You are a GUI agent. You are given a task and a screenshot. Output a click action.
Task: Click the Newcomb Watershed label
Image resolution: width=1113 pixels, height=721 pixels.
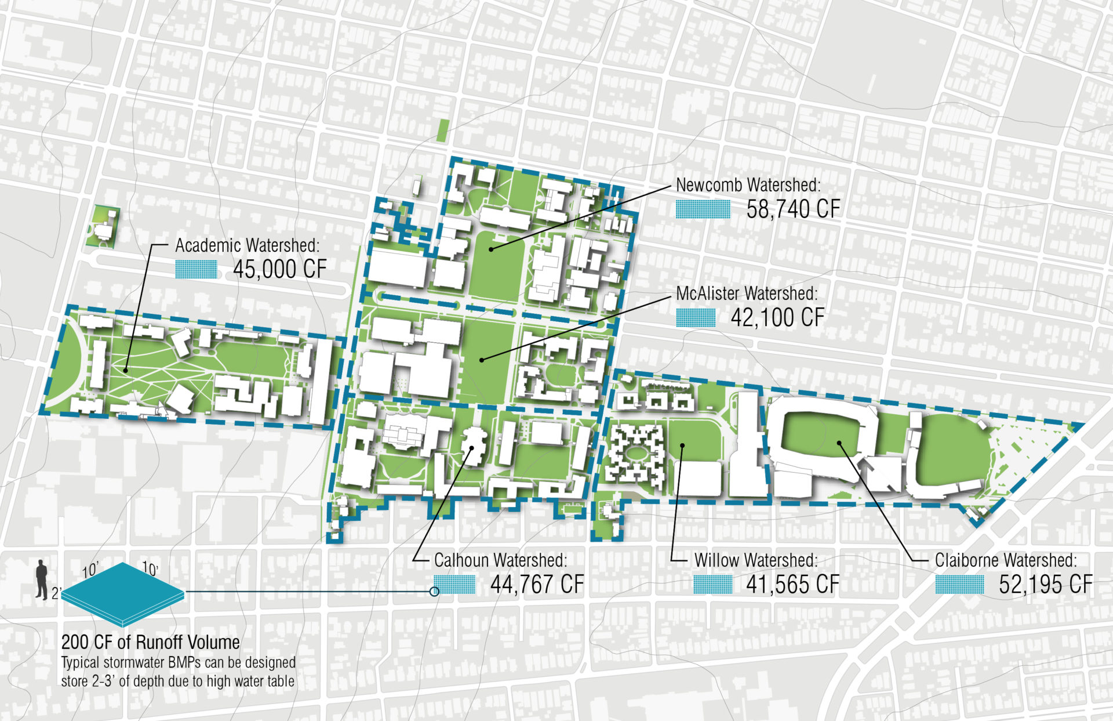click(x=748, y=185)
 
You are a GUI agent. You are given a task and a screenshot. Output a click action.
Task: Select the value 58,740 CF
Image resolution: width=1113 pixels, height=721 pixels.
click(x=793, y=209)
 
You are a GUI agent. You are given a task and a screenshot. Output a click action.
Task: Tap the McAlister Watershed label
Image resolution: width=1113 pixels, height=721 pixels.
click(x=747, y=294)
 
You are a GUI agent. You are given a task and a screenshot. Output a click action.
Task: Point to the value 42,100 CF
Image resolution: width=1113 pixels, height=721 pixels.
click(x=777, y=318)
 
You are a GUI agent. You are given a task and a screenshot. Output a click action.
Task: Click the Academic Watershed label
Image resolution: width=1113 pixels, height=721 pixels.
click(x=248, y=245)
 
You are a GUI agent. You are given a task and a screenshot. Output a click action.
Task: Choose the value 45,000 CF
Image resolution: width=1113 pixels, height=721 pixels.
click(x=280, y=269)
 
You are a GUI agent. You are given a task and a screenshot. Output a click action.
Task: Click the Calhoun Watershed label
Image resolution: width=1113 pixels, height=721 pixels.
click(x=500, y=560)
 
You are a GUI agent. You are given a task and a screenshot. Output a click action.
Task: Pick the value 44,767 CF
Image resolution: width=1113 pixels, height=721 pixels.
click(x=537, y=585)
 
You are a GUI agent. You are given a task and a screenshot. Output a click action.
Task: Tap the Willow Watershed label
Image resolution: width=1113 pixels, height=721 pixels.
click(x=756, y=560)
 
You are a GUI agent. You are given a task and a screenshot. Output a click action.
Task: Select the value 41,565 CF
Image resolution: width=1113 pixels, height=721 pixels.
click(x=792, y=585)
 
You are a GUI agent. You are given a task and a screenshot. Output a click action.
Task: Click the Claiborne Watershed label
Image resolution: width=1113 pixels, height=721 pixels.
click(x=1006, y=560)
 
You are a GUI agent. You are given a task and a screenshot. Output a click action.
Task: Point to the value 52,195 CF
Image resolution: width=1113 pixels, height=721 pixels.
click(x=1045, y=585)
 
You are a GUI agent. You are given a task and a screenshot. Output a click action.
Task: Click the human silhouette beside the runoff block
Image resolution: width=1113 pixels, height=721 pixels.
click(x=41, y=579)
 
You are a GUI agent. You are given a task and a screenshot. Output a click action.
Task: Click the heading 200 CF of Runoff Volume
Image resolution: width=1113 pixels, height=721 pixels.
click(x=150, y=642)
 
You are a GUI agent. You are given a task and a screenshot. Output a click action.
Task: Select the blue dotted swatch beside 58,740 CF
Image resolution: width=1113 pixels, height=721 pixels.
click(x=703, y=209)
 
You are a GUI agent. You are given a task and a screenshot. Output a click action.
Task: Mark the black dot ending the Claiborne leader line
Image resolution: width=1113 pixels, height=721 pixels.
click(x=839, y=444)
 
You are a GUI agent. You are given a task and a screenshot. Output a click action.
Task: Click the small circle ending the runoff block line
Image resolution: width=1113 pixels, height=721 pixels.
click(x=434, y=592)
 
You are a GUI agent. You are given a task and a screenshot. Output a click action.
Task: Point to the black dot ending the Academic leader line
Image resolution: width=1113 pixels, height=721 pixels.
click(x=125, y=370)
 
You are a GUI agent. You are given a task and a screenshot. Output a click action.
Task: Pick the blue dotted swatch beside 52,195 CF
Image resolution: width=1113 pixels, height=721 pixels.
click(x=959, y=585)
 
